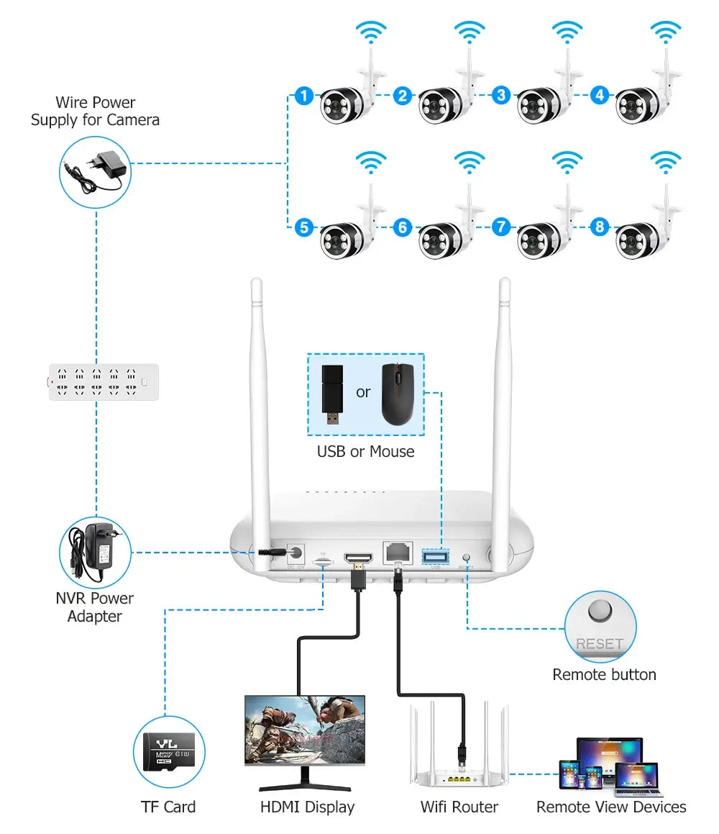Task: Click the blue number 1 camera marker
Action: pyautogui.click(x=304, y=95)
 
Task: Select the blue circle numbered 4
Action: pyautogui.click(x=600, y=95)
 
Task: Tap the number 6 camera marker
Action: pyautogui.click(x=403, y=228)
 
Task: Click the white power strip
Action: pyautogui.click(x=103, y=381)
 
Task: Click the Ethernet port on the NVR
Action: pyautogui.click(x=397, y=553)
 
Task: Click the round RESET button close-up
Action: pyautogui.click(x=600, y=612)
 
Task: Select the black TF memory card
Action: pyautogui.click(x=169, y=753)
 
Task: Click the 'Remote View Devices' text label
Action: pyautogui.click(x=611, y=807)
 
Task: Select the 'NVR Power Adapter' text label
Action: pyautogui.click(x=95, y=607)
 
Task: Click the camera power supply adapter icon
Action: pyautogui.click(x=95, y=171)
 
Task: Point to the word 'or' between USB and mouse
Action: pyautogui.click(x=363, y=392)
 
